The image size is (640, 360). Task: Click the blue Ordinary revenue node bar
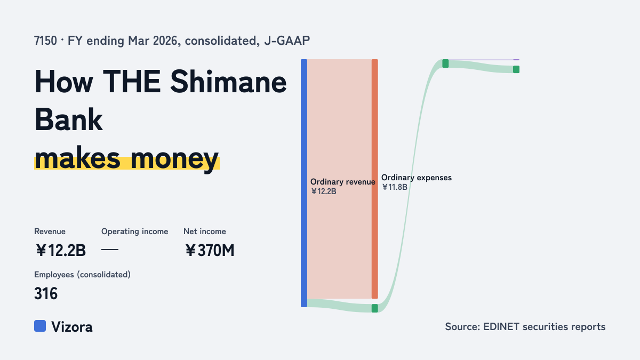pyautogui.click(x=304, y=183)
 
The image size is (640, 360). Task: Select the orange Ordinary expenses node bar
pyautogui.click(x=374, y=179)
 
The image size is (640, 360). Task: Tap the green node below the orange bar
pyautogui.click(x=374, y=308)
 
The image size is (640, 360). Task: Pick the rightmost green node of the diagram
pyautogui.click(x=516, y=69)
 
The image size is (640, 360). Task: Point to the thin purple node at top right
pyautogui.click(x=516, y=60)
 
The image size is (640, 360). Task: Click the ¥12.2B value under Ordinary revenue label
pyautogui.click(x=323, y=191)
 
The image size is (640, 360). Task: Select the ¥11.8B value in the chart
pyautogui.click(x=394, y=187)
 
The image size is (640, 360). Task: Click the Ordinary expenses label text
pyautogui.click(x=417, y=178)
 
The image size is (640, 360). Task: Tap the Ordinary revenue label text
pyautogui.click(x=342, y=182)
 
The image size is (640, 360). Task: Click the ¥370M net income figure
pyautogui.click(x=210, y=250)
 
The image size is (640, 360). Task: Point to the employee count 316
pyautogui.click(x=46, y=293)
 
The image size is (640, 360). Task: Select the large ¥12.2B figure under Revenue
pyautogui.click(x=61, y=250)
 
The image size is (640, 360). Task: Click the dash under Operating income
pyautogui.click(x=110, y=250)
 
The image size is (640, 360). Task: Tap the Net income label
pyautogui.click(x=205, y=231)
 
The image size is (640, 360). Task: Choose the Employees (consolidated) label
pyautogui.click(x=82, y=275)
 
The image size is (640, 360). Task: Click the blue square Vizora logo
pyautogui.click(x=40, y=326)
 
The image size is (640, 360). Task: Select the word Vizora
pyautogui.click(x=71, y=327)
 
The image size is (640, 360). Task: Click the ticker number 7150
pyautogui.click(x=45, y=41)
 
